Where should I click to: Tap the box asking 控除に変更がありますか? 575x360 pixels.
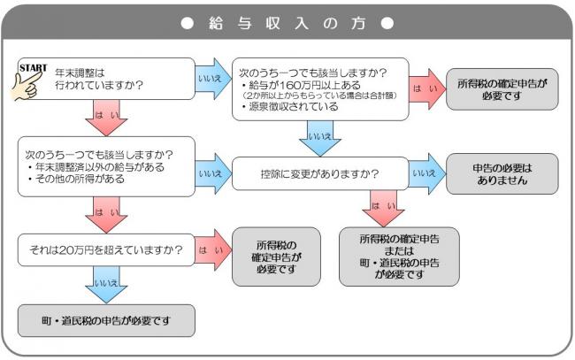tap(318, 173)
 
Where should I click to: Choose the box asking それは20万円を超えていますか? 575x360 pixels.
tap(106, 250)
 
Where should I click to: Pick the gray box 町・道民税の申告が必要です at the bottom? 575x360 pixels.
tap(106, 319)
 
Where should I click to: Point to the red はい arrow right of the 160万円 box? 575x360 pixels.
tap(427, 88)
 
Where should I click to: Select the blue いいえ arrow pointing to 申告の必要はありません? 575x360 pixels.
tap(427, 174)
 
